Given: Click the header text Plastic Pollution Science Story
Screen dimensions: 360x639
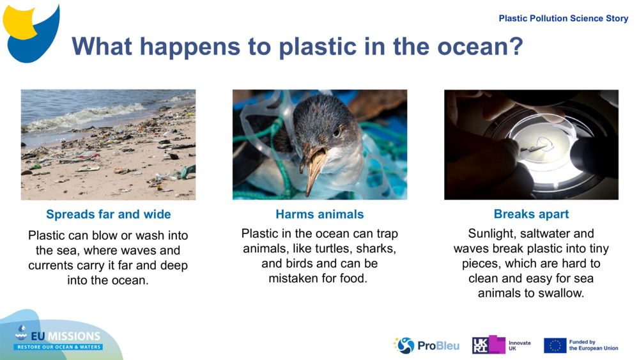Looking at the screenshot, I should (x=564, y=19).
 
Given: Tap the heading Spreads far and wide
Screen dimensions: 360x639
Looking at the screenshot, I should (x=108, y=214).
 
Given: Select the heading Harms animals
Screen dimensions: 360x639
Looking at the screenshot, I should (x=319, y=214).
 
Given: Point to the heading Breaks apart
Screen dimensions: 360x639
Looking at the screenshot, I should (x=531, y=214).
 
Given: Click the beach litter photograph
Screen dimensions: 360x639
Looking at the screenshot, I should (x=108, y=145).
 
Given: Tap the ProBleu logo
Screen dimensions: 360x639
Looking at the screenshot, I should (x=426, y=345).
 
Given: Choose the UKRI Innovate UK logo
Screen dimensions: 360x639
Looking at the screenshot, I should (x=502, y=345).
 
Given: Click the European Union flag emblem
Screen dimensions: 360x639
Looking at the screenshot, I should (x=555, y=345).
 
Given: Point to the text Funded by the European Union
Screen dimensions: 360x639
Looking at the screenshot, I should (x=594, y=345).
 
